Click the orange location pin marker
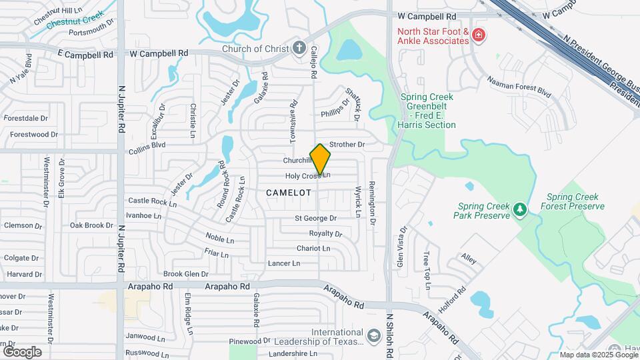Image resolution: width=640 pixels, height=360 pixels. coord(320,159)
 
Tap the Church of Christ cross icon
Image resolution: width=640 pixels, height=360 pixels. coord(299,48)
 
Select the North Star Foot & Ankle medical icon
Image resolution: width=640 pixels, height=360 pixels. coord(477,35)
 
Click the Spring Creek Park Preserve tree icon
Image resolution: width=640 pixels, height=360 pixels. coord(520,211)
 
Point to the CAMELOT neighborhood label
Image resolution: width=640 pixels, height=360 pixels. coord(289,192)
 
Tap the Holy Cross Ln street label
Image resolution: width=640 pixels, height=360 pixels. coord(307,176)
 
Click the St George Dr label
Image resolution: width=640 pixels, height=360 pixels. coord(316,218)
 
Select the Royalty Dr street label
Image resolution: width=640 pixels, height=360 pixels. coord(325,233)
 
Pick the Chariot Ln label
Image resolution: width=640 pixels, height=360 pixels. coord(313,248)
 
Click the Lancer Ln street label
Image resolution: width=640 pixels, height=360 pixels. coord(283,263)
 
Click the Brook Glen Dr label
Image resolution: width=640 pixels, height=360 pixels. coord(186,274)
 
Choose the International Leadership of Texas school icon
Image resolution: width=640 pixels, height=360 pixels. coord(374,333)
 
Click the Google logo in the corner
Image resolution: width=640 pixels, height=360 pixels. coord(22,351)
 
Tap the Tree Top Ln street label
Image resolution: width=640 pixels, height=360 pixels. coord(427,271)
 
